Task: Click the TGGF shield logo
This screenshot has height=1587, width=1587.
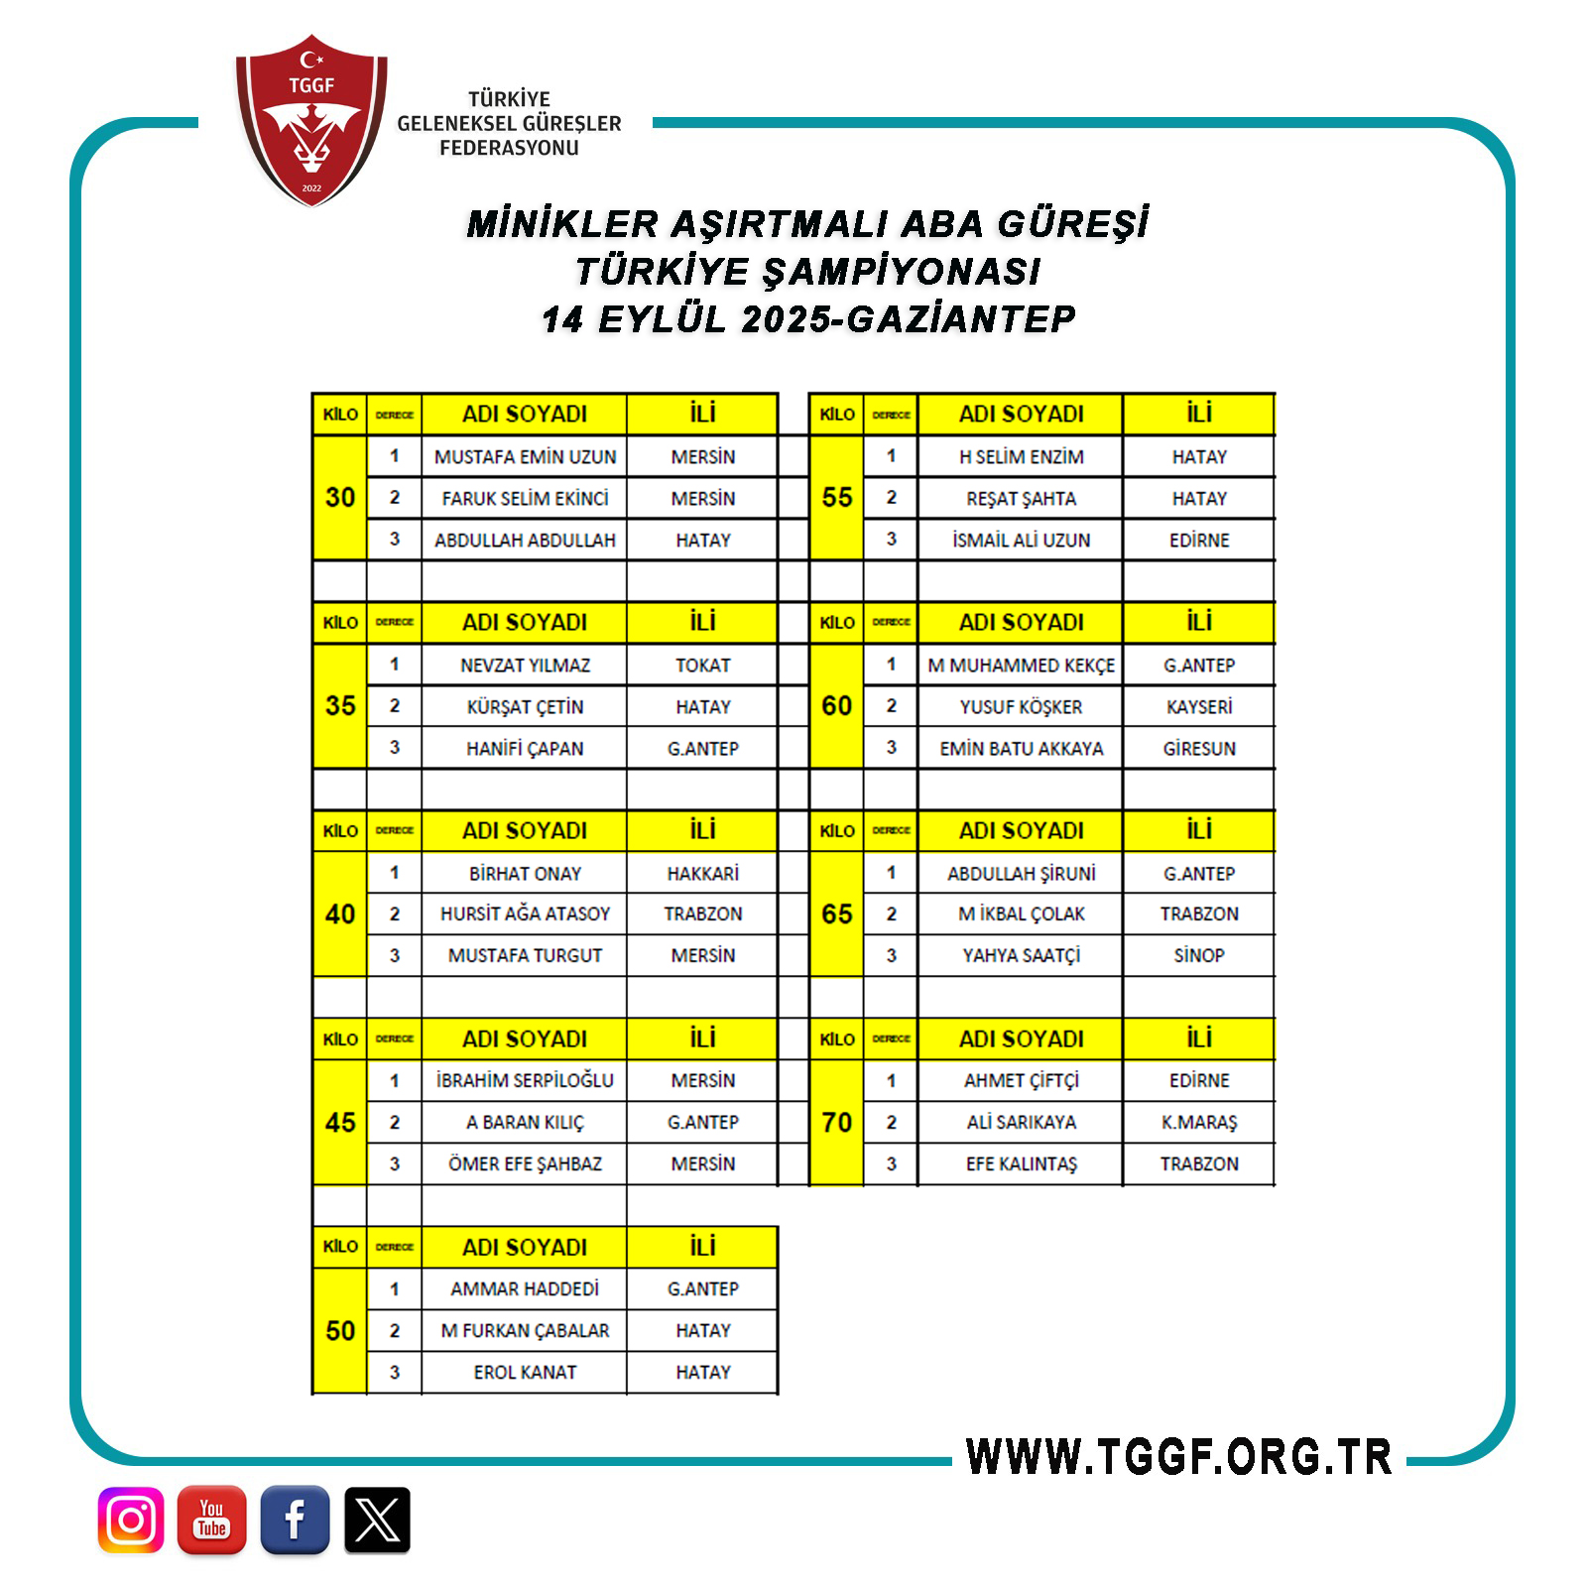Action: [311, 120]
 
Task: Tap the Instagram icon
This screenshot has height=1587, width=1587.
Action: [131, 1520]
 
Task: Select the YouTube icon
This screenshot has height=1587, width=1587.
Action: [212, 1520]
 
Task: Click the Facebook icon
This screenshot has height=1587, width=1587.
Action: [295, 1520]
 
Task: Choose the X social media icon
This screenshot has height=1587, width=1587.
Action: [377, 1520]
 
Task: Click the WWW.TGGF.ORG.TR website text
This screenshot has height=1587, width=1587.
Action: [1178, 1457]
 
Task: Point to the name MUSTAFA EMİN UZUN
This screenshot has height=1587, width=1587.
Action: [525, 457]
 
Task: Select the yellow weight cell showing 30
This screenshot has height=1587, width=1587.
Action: [340, 498]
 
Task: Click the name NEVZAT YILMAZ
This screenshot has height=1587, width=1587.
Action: [525, 666]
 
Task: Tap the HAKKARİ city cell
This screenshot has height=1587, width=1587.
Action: [702, 874]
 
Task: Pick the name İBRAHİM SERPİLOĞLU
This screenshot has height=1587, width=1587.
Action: [525, 1081]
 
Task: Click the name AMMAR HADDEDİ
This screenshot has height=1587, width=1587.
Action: [525, 1289]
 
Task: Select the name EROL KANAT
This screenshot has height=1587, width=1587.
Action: [525, 1373]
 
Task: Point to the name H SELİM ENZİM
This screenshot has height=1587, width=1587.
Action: [1021, 457]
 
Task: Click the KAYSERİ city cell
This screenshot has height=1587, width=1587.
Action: [1199, 707]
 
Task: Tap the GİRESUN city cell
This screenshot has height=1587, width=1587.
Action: [1199, 749]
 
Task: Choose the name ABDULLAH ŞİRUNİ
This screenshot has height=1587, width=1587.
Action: [1021, 874]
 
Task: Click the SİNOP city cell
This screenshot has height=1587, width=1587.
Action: [1199, 956]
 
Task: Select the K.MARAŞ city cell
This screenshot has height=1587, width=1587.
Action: [1199, 1123]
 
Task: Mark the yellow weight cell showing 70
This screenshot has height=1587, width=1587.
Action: [837, 1123]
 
